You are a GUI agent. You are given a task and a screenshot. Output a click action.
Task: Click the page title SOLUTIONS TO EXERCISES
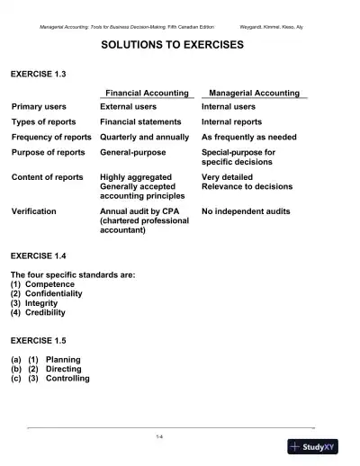coord(171,44)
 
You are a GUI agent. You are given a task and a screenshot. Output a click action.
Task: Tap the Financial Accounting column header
coord(147,93)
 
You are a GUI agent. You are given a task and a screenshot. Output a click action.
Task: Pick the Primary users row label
coord(39,106)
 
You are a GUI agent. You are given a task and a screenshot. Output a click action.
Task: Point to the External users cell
coord(134,106)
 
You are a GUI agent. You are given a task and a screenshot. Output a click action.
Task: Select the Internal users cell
coord(229,106)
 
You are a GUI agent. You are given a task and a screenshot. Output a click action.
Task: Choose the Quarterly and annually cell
coord(145,137)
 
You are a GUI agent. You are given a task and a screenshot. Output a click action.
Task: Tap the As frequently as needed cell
coord(248,137)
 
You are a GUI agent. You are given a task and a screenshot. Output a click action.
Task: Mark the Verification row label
coord(33,211)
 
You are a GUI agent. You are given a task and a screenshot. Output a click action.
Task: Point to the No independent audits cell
coord(246,211)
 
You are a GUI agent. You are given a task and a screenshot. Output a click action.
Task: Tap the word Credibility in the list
coord(45,313)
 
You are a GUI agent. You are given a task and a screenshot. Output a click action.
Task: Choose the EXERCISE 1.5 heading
coord(39,341)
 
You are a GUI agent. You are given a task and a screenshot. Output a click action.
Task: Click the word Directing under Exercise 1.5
coord(63,369)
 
